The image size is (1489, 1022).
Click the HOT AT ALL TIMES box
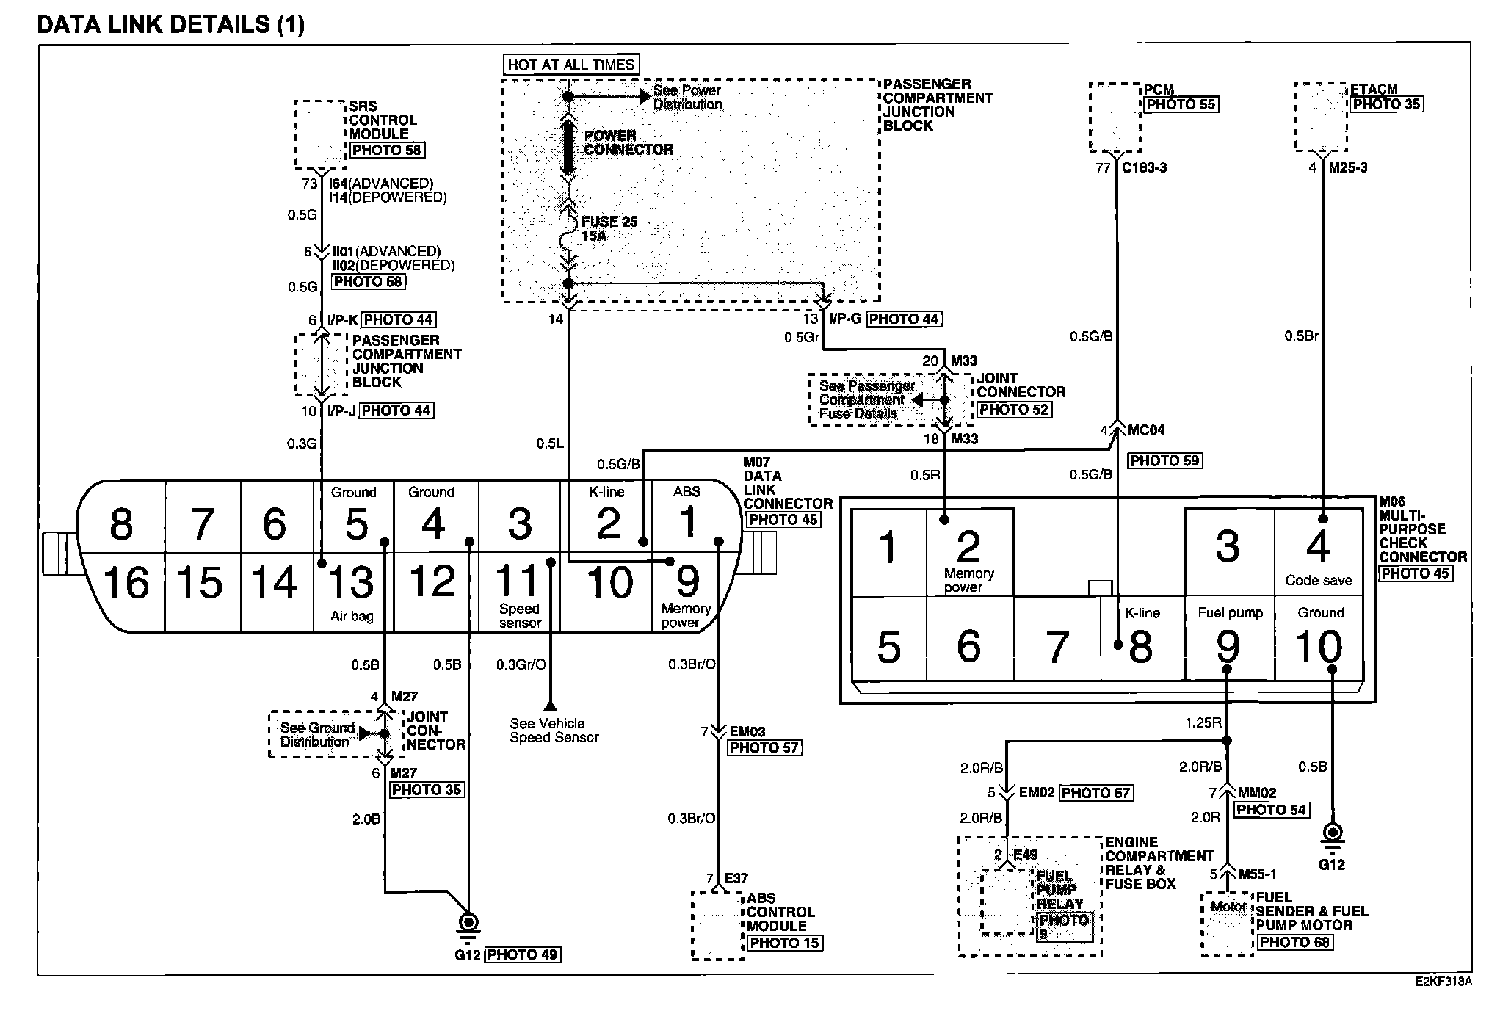[571, 65]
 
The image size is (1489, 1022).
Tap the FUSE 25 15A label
[609, 228]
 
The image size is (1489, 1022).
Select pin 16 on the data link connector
[126, 584]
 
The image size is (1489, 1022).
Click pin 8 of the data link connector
[121, 524]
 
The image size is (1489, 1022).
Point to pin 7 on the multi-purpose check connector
[1057, 647]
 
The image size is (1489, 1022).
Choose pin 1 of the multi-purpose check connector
[888, 547]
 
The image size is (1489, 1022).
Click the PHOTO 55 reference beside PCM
[1181, 104]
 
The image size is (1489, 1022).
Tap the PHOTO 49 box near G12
[522, 954]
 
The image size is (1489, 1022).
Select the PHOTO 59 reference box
[1164, 461]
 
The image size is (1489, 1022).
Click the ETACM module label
[1374, 89]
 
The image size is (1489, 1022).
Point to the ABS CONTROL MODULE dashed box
[717, 925]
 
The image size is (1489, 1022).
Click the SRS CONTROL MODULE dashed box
[320, 134]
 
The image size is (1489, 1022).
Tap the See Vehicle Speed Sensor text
[554, 731]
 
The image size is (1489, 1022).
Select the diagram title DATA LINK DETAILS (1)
[170, 24]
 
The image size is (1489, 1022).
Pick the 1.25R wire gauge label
[1203, 722]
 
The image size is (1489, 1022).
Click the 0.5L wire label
[550, 443]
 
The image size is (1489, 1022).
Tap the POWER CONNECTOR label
[628, 142]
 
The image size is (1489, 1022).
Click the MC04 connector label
[1146, 430]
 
